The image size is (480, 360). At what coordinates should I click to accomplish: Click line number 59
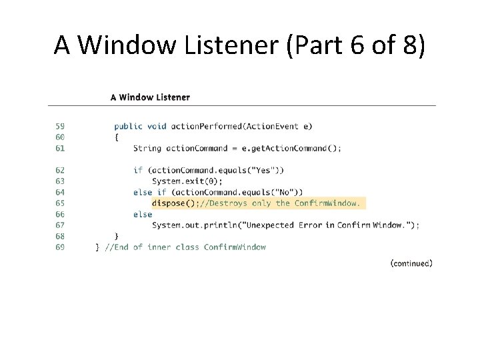pos(60,126)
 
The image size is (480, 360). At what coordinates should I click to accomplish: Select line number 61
pos(60,148)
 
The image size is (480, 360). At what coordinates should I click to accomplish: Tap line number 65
pos(60,203)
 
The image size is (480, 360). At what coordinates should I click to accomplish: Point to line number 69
pos(60,247)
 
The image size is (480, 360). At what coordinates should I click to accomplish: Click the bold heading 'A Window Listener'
pos(150,97)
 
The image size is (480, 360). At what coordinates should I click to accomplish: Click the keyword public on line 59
pos(129,126)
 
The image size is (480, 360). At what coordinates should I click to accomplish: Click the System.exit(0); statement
pos(187,181)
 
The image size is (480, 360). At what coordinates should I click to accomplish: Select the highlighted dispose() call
pos(175,203)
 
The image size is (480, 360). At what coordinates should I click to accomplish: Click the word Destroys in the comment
pos(228,203)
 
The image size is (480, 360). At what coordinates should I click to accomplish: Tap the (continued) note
pos(411,263)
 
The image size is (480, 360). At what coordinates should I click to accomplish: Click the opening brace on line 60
pos(117,137)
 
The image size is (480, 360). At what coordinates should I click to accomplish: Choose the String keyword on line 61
pos(147,148)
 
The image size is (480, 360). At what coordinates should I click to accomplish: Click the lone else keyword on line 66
pos(143,215)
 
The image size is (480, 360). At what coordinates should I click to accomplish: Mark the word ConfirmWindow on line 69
pos(235,247)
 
